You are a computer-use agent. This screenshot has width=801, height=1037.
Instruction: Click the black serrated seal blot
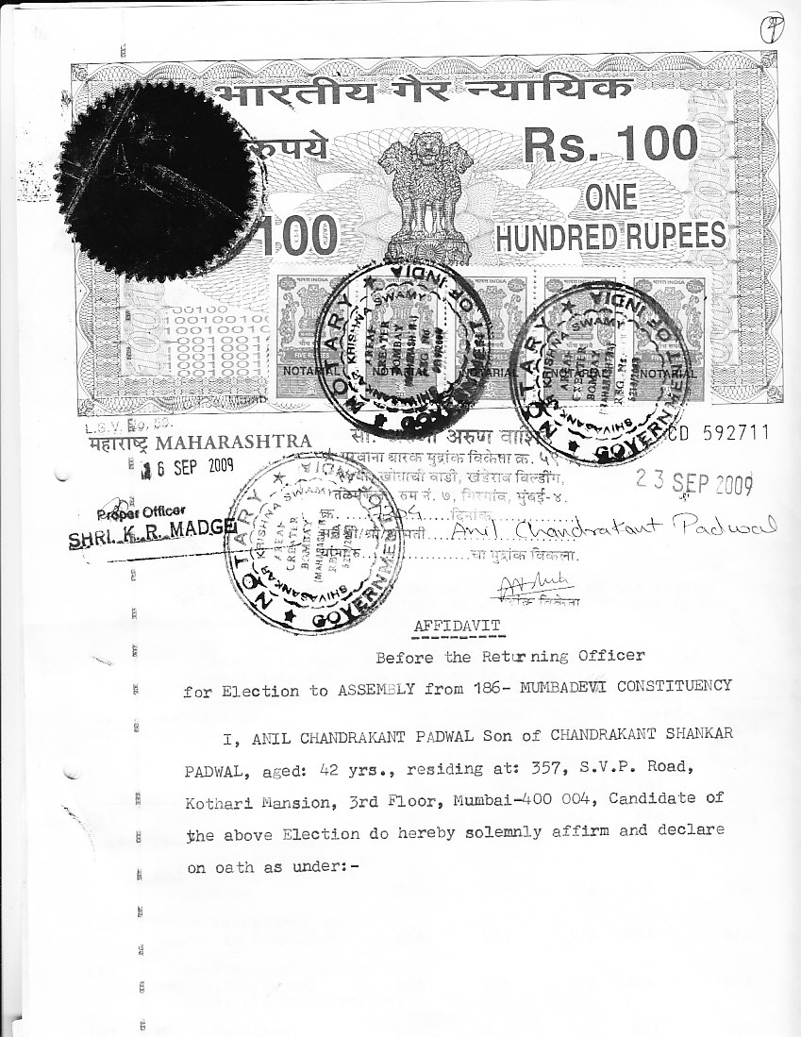[151, 198]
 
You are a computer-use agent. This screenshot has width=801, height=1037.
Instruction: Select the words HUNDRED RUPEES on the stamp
[610, 235]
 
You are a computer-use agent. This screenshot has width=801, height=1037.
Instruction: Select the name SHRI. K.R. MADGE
[151, 541]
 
